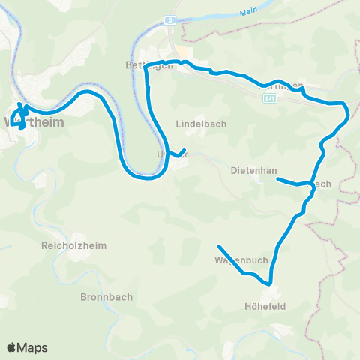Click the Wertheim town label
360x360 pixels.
(34, 122)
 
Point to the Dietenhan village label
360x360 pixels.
(250, 170)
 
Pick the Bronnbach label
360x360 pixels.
(106, 297)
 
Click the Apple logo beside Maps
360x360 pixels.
(13, 347)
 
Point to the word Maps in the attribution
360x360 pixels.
(33, 347)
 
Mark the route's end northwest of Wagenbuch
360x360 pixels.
(218, 247)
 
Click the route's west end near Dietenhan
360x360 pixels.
(277, 179)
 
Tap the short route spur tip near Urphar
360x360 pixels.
(184, 150)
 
